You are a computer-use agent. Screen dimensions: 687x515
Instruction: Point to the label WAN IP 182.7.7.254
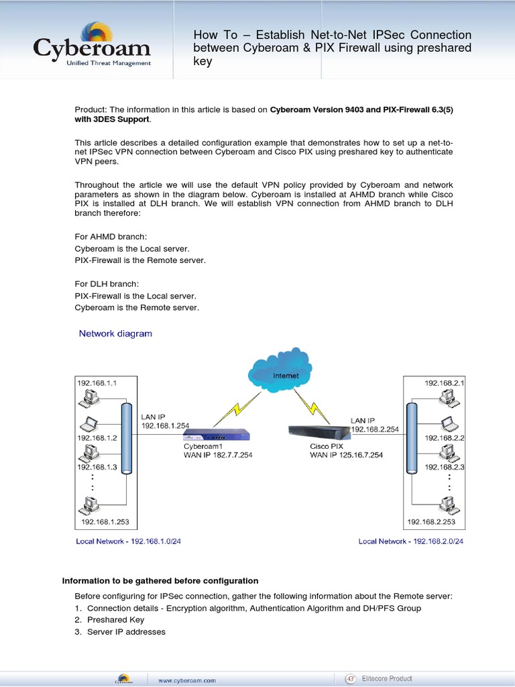point(218,455)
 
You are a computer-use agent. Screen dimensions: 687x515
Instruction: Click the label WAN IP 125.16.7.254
point(346,455)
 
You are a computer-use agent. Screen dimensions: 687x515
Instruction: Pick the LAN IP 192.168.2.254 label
point(374,425)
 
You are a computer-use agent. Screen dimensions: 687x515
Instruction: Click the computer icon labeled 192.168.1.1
point(88,399)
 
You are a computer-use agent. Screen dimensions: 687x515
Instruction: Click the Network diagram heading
point(115,333)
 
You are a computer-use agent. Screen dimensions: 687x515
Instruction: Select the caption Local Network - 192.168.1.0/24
point(129,541)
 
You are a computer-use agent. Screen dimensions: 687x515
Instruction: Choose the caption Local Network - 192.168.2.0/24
point(411,541)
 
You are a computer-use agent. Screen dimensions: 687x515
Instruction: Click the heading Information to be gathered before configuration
point(160,580)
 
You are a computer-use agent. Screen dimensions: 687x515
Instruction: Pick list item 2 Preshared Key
point(115,620)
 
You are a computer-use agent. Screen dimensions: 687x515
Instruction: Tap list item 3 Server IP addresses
point(126,632)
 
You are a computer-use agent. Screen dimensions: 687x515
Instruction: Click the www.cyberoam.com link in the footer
point(186,680)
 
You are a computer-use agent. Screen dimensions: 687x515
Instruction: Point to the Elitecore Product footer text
point(387,679)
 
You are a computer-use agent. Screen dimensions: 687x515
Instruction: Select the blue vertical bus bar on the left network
point(125,439)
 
